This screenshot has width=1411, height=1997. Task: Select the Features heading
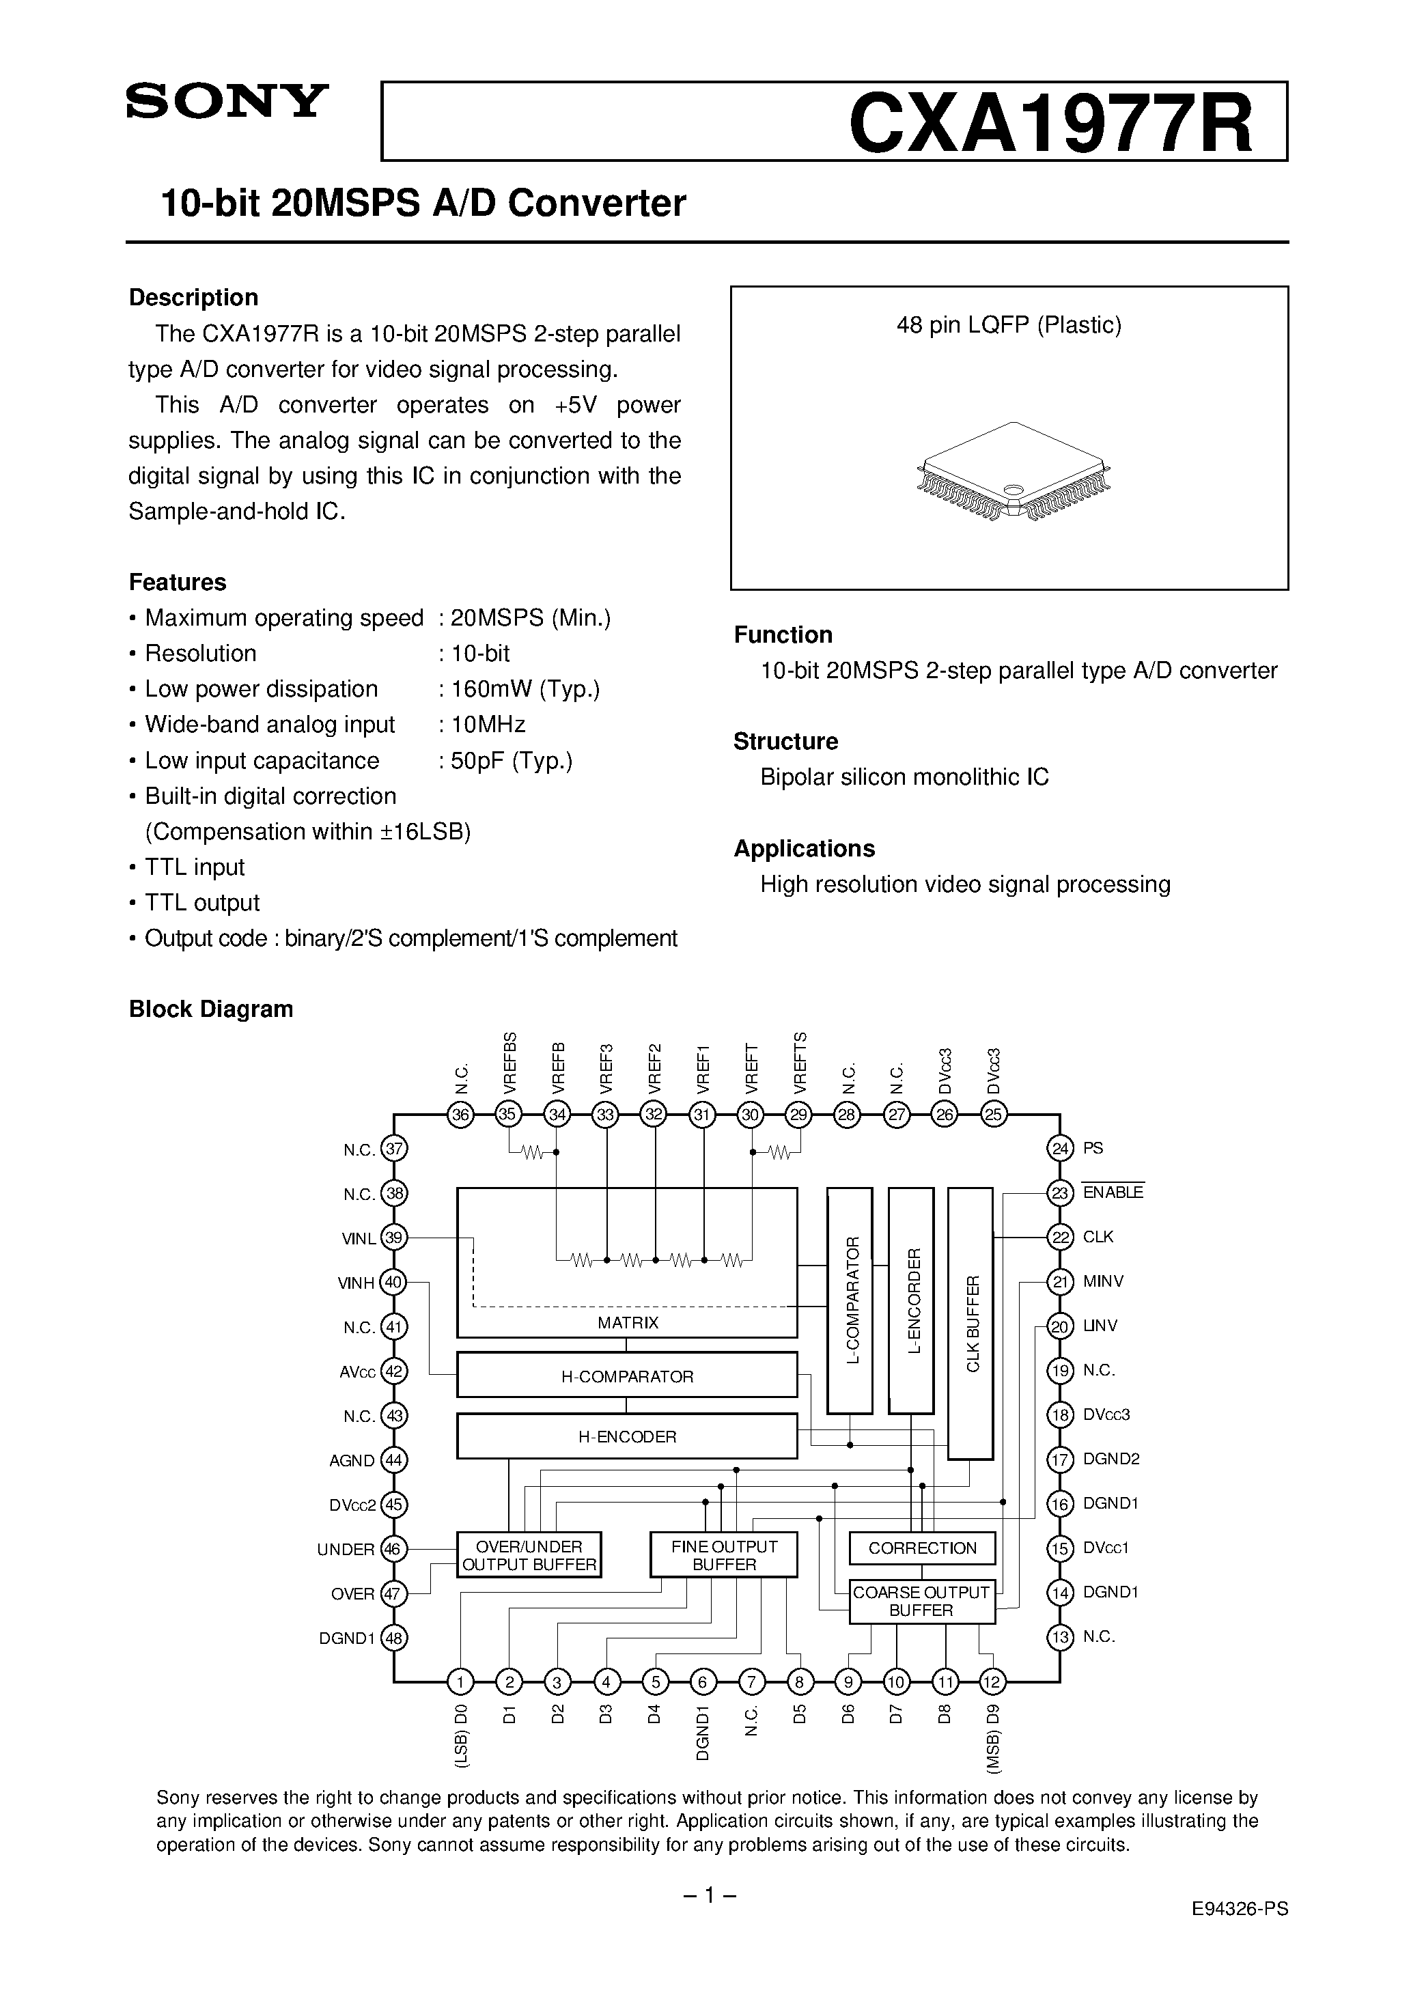coord(178,582)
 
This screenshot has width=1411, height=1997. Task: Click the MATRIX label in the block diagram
coord(627,1323)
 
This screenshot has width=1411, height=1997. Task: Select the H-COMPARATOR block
coord(627,1377)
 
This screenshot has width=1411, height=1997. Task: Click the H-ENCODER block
coord(627,1437)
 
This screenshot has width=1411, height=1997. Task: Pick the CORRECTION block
coord(922,1548)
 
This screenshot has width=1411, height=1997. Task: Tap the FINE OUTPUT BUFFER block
coord(724,1555)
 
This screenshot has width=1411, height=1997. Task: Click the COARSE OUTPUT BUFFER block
coord(921,1602)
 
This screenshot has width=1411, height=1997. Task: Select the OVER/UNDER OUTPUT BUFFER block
coord(529,1555)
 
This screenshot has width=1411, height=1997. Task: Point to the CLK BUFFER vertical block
coord(970,1324)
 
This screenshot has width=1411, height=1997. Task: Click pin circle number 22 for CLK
coord(1059,1237)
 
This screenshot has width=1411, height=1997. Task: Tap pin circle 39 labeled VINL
coord(395,1238)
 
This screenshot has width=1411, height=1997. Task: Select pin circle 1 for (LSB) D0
coord(460,1682)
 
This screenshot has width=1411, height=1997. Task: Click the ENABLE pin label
coord(1113,1192)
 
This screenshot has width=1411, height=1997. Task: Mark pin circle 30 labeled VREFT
coord(750,1114)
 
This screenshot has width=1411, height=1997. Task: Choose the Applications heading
coord(804,848)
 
